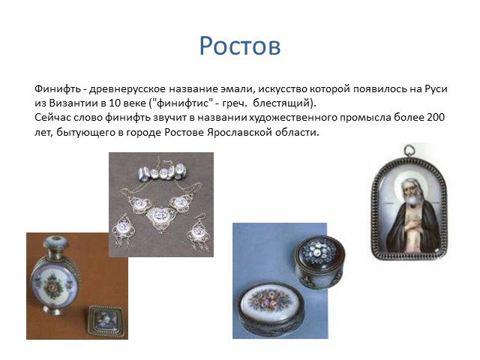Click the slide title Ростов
[x=240, y=46]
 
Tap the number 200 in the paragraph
[x=435, y=117]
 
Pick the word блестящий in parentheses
[x=280, y=103]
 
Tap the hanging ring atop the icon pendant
[x=409, y=150]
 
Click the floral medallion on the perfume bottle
[x=53, y=286]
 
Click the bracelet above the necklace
[x=162, y=171]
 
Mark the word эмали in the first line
[x=237, y=88]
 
